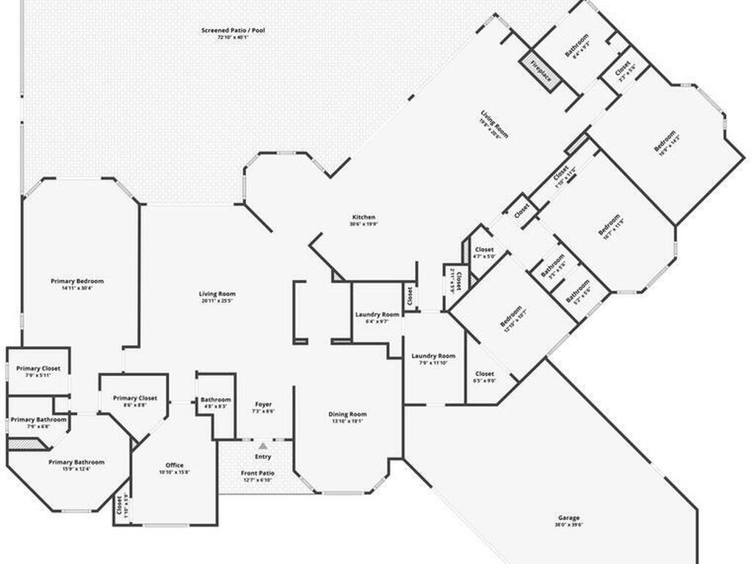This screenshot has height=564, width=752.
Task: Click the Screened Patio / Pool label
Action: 234,30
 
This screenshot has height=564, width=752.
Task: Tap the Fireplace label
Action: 541,67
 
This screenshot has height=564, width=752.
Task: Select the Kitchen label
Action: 364,217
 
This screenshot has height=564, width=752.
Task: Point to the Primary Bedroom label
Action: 77,281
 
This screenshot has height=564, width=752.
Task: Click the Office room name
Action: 174,465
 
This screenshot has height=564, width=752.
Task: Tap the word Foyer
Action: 263,404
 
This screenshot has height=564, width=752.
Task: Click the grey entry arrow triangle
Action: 263,446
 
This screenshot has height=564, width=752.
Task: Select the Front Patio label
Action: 257,473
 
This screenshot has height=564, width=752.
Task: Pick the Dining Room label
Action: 347,414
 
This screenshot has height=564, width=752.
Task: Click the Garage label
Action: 568,517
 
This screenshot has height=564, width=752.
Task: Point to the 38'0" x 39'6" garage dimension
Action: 568,525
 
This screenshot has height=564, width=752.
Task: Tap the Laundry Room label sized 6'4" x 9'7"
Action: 377,314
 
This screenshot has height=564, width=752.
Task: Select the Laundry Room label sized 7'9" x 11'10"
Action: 433,355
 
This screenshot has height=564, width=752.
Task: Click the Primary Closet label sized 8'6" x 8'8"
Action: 135,398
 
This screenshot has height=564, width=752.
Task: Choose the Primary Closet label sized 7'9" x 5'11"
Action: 38,368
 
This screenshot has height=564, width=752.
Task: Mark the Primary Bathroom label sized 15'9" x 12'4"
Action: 76,462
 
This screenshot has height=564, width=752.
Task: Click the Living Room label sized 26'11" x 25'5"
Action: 217,294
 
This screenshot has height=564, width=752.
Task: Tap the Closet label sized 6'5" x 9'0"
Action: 485,374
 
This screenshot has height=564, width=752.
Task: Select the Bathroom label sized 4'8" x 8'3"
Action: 216,399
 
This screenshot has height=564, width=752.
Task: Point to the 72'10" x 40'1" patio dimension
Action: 234,38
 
